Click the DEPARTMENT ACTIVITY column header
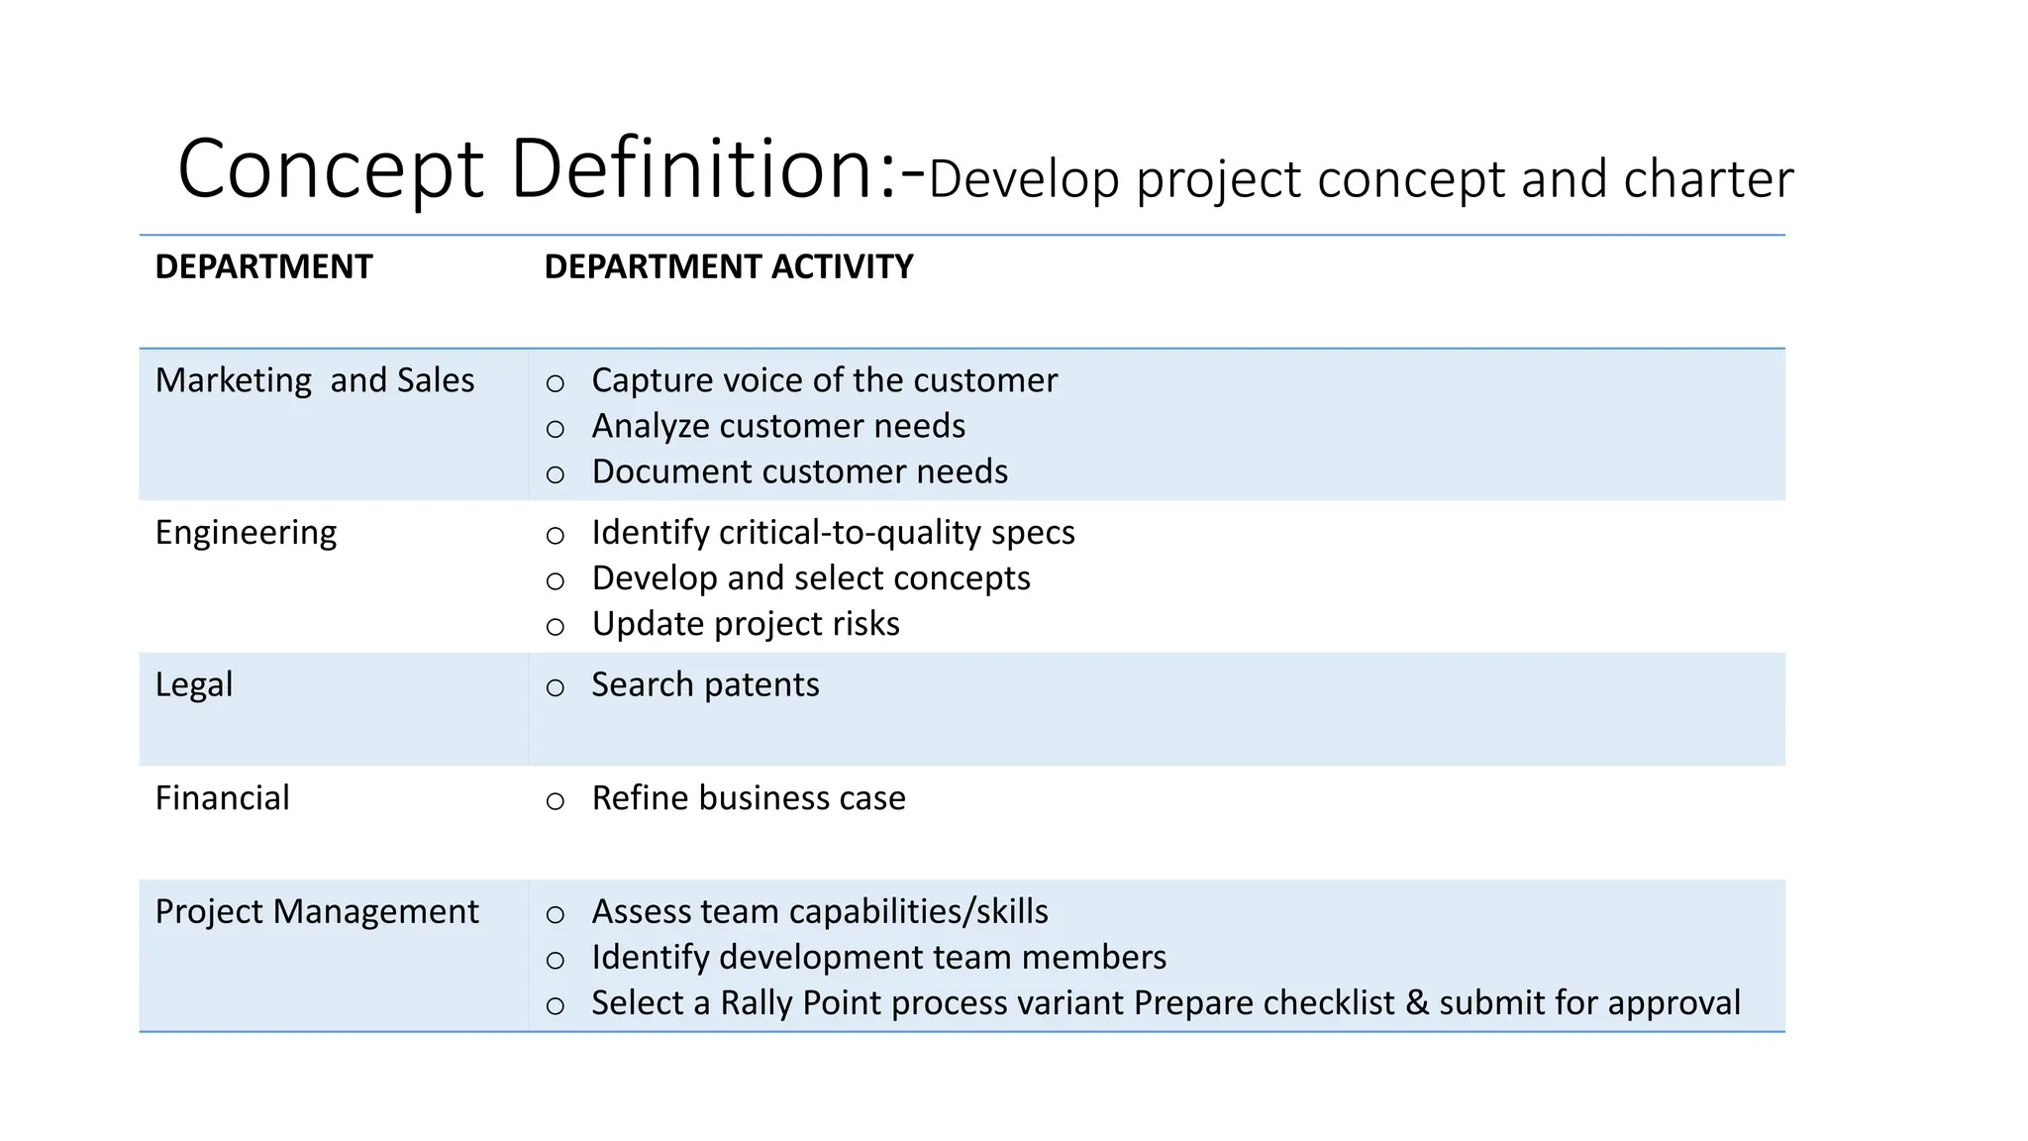729,266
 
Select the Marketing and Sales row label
315,380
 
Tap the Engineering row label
246,533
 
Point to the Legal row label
194,684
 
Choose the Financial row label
223,798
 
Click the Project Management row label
317,911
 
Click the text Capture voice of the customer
824,380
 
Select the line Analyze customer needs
778,426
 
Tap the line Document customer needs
799,471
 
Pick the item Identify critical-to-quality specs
833,533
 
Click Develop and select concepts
811,578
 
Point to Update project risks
746,624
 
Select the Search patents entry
705,684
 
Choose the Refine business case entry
749,798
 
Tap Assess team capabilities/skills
820,911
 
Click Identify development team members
878,957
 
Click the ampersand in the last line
1417,1002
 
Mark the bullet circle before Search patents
556,687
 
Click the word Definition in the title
690,168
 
